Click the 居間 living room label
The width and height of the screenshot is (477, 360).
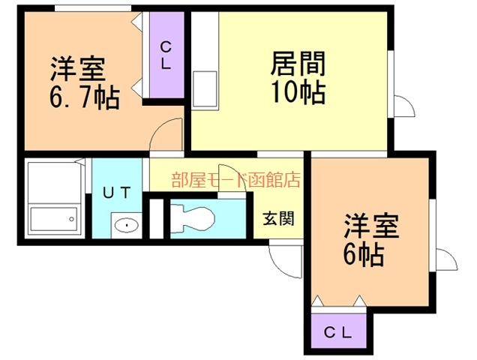tap(298, 64)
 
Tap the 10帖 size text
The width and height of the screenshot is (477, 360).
tap(298, 92)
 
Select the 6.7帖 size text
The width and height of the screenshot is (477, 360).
tap(84, 97)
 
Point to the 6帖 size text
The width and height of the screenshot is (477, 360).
tap(363, 255)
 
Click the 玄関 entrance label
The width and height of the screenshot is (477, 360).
tap(279, 218)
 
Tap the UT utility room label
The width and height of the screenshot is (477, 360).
tap(117, 192)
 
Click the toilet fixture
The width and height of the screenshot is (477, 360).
tap(193, 218)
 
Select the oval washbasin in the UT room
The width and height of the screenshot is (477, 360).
tap(127, 226)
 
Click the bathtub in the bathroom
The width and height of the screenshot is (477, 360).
tap(53, 219)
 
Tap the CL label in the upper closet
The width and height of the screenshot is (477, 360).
tap(166, 55)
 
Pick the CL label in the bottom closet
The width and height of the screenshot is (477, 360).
tap(337, 332)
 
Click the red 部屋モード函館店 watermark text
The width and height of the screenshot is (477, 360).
tap(236, 179)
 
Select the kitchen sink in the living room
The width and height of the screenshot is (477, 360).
tap(205, 88)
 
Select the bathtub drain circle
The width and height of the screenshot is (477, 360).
tap(71, 219)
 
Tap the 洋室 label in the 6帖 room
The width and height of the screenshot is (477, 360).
tap(371, 226)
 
